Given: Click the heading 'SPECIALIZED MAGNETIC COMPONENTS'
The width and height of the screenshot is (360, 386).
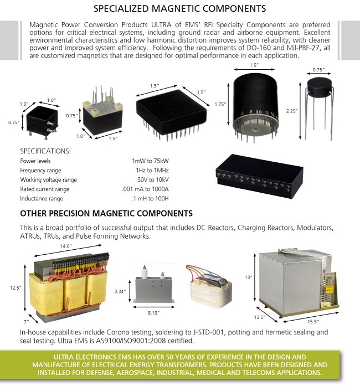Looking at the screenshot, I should (x=179, y=9).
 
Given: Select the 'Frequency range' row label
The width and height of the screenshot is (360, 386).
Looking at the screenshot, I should (x=41, y=170).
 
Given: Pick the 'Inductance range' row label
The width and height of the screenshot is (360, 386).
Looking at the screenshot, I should (x=42, y=198).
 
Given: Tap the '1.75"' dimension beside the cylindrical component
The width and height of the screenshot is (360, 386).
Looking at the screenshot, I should (x=220, y=104).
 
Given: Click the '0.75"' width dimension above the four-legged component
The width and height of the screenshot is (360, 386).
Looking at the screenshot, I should (x=318, y=70).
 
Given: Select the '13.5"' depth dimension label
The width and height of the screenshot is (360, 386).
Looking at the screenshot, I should (x=261, y=318).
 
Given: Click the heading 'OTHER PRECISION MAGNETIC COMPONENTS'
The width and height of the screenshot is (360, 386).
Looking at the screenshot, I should (x=106, y=213).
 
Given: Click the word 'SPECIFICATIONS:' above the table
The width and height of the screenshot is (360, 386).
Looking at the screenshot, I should (x=45, y=150).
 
